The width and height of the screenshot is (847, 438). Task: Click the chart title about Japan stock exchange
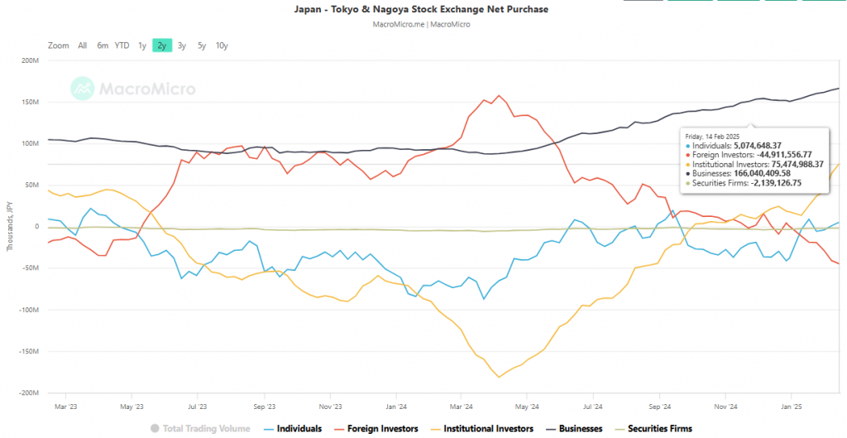click(422, 9)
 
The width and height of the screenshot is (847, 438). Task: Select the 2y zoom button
click(161, 46)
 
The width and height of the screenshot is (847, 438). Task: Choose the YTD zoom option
click(122, 46)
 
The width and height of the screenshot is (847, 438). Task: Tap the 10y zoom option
click(222, 46)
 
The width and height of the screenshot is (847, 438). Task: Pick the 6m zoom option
click(103, 46)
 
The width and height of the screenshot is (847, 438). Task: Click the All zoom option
click(82, 46)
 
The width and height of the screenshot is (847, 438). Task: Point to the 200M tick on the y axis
click(30, 60)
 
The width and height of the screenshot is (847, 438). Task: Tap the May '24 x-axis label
click(527, 407)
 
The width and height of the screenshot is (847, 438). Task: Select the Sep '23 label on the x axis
click(264, 407)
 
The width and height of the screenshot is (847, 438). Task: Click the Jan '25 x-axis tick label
click(792, 407)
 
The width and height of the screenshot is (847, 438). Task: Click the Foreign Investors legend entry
click(377, 428)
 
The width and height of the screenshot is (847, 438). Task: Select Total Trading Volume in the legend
click(202, 428)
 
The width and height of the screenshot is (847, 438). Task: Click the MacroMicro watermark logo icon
click(81, 87)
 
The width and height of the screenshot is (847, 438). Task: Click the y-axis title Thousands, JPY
click(10, 226)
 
